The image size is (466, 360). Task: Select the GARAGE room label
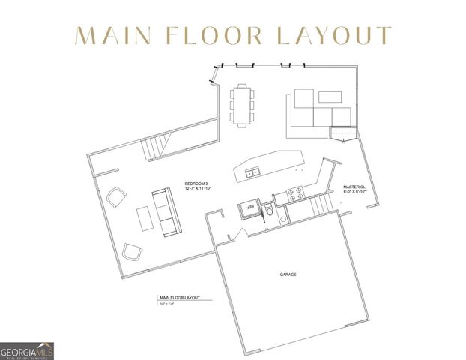[x=288, y=274]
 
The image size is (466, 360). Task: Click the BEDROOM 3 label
[x=197, y=184]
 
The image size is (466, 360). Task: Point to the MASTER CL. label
[x=354, y=187]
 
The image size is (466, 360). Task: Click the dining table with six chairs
[x=242, y=105]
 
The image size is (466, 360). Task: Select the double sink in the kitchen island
[x=251, y=172]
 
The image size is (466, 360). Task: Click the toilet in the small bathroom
[x=268, y=211]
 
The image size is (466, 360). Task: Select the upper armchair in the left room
[x=116, y=198]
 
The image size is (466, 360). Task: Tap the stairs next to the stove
[x=320, y=201]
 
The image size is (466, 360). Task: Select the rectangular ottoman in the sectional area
[x=329, y=96]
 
